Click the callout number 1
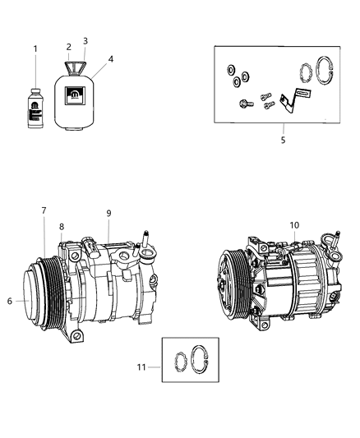click(35, 48)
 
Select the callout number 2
click(69, 48)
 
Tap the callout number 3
click(85, 40)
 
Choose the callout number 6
click(10, 301)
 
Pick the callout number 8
click(60, 227)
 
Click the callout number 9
click(108, 214)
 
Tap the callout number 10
click(294, 225)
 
